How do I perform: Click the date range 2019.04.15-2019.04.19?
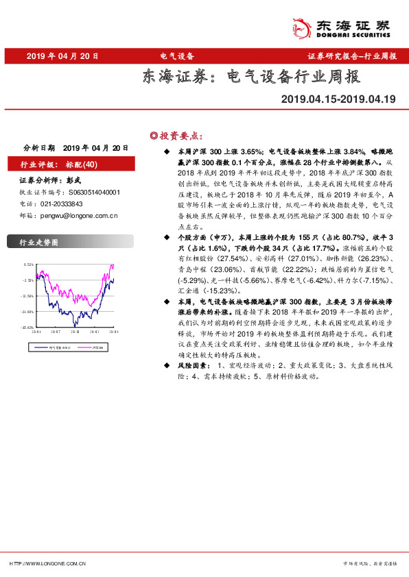click(x=338, y=99)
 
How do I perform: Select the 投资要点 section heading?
click(x=180, y=135)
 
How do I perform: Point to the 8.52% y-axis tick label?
click(x=28, y=265)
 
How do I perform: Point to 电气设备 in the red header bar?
click(x=176, y=56)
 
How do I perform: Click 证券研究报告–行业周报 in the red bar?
click(x=352, y=56)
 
